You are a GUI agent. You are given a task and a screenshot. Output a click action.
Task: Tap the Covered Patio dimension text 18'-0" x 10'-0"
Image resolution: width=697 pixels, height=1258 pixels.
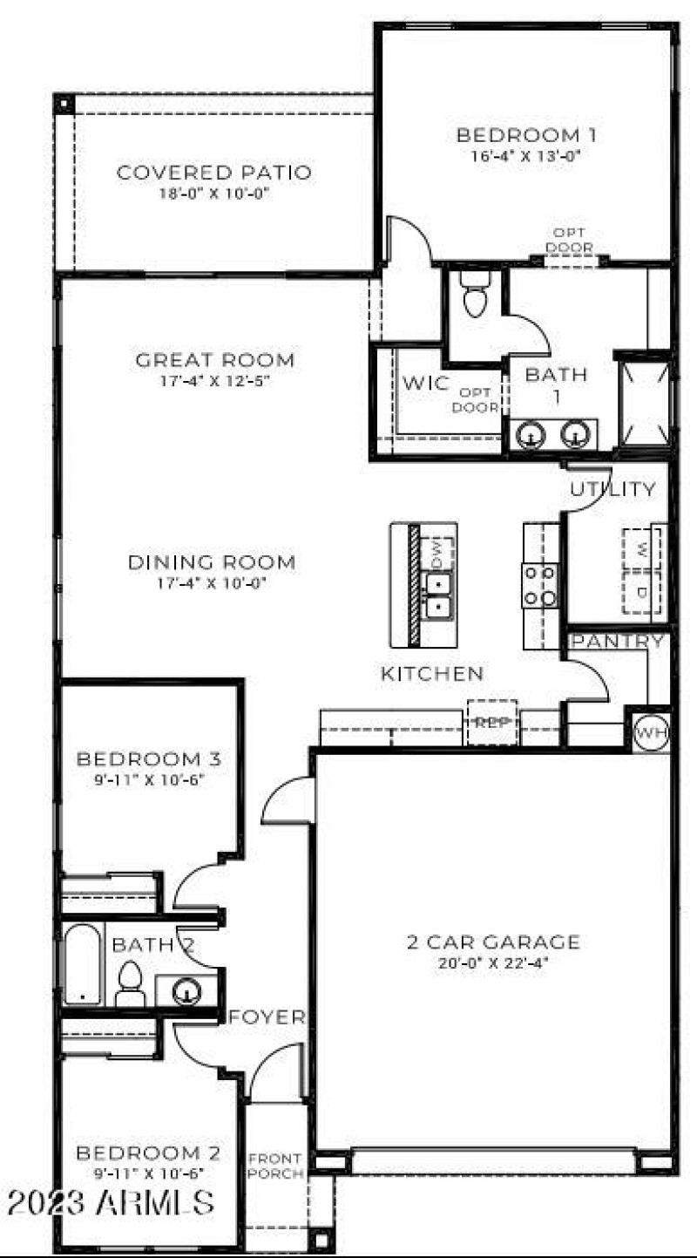[x=213, y=194]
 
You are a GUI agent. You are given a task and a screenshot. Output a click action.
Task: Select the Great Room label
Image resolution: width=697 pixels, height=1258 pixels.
[x=214, y=359]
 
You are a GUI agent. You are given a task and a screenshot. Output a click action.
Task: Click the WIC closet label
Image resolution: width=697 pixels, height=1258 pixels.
[x=425, y=384]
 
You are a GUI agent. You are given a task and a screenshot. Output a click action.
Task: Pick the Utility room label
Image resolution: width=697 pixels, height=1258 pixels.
[x=612, y=489]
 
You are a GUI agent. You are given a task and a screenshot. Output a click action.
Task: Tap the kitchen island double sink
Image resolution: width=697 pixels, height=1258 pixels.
[x=438, y=594]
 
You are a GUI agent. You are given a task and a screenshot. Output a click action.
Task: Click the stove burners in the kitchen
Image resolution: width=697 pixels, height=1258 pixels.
[x=539, y=585]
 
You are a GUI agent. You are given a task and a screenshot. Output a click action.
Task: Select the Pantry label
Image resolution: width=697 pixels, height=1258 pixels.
[x=617, y=642]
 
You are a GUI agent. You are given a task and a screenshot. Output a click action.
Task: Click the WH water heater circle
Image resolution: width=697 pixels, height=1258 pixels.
[x=651, y=732]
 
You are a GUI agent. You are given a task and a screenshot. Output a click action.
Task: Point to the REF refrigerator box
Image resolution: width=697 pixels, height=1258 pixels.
[x=492, y=722]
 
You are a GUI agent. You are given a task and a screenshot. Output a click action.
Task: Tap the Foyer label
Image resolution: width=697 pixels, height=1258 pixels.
[x=267, y=1017]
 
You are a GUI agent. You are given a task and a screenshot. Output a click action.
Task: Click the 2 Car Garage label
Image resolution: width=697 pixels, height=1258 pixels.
[x=492, y=942]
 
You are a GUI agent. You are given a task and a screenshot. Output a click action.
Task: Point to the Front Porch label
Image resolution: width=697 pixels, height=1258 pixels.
[x=276, y=1166]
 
